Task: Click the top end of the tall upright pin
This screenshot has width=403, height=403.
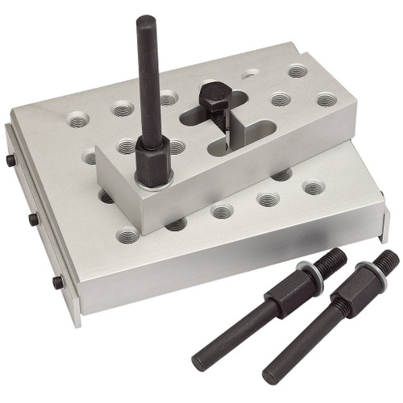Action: tap(146, 22)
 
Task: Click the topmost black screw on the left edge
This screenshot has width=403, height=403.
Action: tap(11, 160)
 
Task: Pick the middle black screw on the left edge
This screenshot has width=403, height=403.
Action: tap(33, 219)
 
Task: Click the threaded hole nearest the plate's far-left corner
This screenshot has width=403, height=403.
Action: tap(78, 121)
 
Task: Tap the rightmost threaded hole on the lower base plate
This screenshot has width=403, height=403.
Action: tap(314, 188)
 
